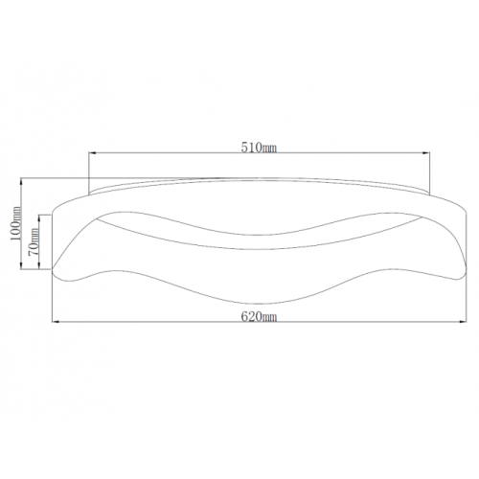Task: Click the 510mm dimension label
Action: point(259,148)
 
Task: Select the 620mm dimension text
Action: point(259,317)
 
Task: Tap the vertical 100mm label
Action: point(15,224)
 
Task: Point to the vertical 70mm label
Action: point(34,241)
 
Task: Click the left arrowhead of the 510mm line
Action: point(93,153)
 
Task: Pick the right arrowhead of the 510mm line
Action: point(426,153)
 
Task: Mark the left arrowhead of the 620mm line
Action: point(56,322)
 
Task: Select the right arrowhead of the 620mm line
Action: point(463,322)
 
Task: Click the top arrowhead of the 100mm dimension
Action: point(21,182)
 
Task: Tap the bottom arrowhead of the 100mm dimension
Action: point(21,265)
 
